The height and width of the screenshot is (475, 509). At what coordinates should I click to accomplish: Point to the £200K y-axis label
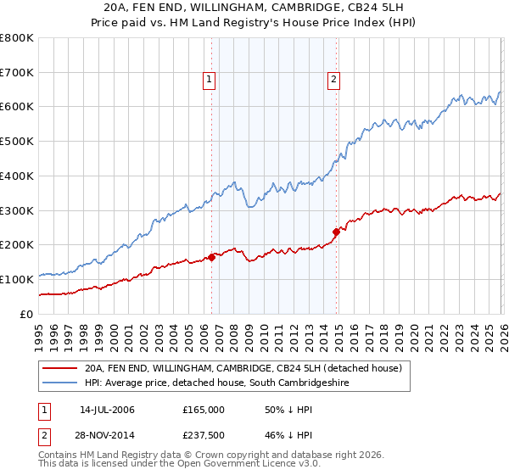click(x=17, y=244)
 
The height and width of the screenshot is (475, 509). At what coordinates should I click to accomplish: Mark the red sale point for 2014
click(x=336, y=232)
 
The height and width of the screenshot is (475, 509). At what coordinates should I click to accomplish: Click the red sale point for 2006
click(x=211, y=257)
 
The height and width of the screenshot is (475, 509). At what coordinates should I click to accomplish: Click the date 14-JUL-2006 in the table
click(x=107, y=410)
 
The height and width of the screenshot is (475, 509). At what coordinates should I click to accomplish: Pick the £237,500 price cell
click(x=204, y=435)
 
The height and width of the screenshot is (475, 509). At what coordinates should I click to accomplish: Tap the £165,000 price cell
click(x=204, y=410)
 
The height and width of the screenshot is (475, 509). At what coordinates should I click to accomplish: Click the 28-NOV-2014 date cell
click(x=107, y=435)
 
